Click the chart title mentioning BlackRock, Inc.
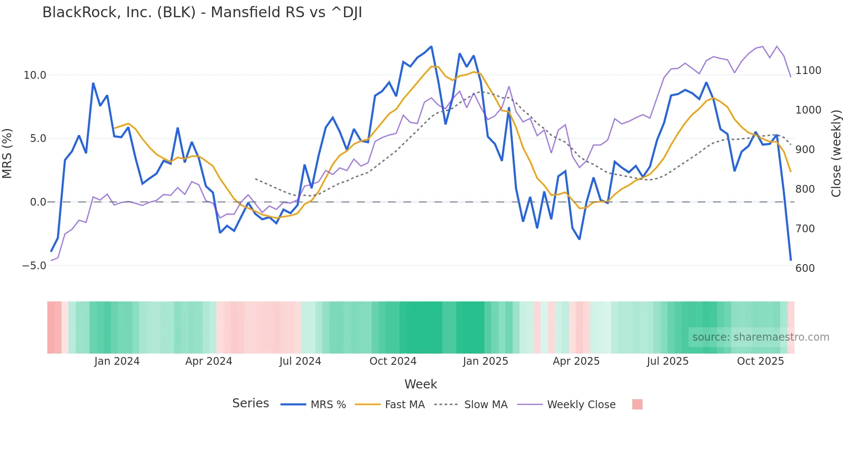point(202,12)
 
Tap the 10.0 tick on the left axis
point(34,75)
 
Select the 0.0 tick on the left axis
point(38,202)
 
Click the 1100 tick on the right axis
point(808,71)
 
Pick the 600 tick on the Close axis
point(805,268)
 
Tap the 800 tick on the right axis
point(805,189)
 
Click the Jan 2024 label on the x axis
point(117,361)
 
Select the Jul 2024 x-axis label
point(300,361)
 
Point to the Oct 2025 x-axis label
point(760,361)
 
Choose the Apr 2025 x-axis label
point(576,361)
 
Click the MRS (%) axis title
point(7,154)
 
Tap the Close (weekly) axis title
point(836,154)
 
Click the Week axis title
point(421,384)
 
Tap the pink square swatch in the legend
point(637,404)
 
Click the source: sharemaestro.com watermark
point(760,337)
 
